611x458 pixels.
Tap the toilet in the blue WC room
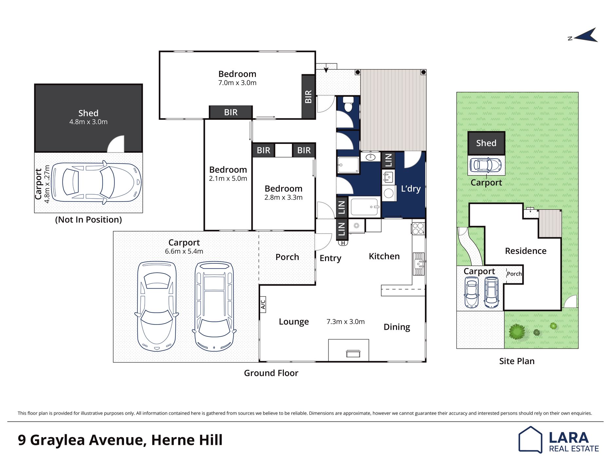click(x=348, y=104)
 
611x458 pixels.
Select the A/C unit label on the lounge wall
click(x=263, y=304)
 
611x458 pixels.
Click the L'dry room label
click(x=411, y=189)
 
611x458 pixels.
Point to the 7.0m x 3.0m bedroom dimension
click(x=237, y=83)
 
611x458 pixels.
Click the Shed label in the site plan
click(x=486, y=143)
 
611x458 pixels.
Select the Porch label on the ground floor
click(x=287, y=257)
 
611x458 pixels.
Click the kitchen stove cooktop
click(x=418, y=228)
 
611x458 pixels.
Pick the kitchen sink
click(x=419, y=264)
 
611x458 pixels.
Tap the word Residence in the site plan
click(x=526, y=251)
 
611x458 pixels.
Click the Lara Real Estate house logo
click(x=530, y=439)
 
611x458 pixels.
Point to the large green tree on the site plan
click(x=517, y=331)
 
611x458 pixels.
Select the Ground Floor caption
click(x=271, y=373)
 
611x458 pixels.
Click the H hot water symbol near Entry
click(x=343, y=243)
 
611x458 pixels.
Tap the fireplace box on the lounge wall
click(x=349, y=350)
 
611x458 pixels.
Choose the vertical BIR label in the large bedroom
click(x=308, y=97)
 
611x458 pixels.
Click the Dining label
click(x=397, y=327)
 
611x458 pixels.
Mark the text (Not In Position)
click(x=88, y=220)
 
